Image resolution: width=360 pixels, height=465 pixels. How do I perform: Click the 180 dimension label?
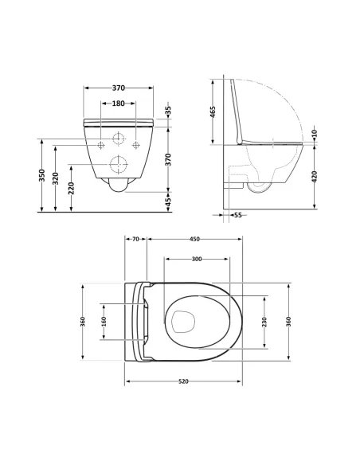pyautogui.click(x=118, y=103)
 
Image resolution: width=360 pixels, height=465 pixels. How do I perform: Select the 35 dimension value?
pyautogui.click(x=168, y=109)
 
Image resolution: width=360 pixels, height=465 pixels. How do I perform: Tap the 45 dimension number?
pyautogui.click(x=168, y=203)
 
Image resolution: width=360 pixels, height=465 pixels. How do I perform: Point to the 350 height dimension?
pyautogui.click(x=41, y=177)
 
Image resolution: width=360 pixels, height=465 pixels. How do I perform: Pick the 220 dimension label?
pyautogui.click(x=72, y=189)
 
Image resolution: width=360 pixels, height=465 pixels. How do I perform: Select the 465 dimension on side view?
pyautogui.click(x=213, y=112)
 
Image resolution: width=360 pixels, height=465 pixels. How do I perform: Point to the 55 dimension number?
pyautogui.click(x=237, y=215)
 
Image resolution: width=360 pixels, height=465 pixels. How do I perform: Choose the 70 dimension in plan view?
pyautogui.click(x=135, y=238)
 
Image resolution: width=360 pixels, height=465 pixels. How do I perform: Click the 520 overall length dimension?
pyautogui.click(x=182, y=381)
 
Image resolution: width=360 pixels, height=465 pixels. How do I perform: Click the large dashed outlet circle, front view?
pyautogui.click(x=119, y=165)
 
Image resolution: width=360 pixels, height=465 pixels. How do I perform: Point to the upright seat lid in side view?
pyautogui.click(x=235, y=111)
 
